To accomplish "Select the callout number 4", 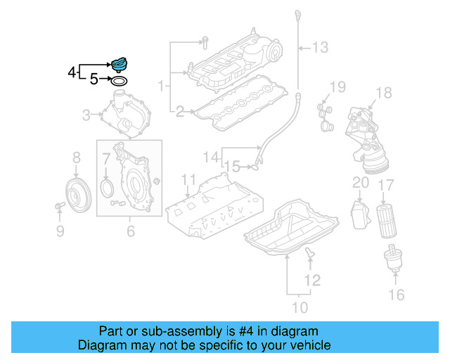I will (x=71, y=72).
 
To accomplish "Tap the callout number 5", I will (x=94, y=80).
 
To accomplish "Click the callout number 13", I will (x=320, y=48).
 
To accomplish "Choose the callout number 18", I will (x=383, y=93).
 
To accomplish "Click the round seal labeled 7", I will (x=107, y=188).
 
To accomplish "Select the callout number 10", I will (x=300, y=307).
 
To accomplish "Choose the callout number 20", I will (x=360, y=183).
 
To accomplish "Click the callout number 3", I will (x=86, y=115).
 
